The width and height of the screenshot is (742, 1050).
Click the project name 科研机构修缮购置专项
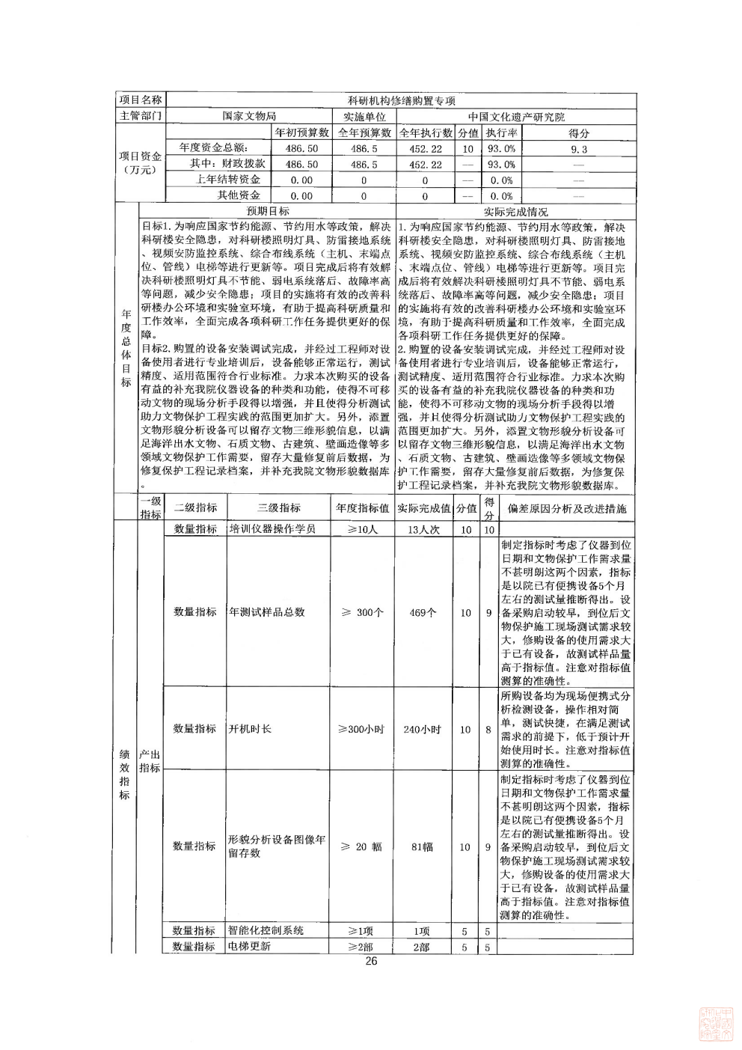[x=402, y=101]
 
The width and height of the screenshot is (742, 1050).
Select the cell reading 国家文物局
[x=249, y=117]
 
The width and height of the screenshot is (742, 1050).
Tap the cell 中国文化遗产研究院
[x=516, y=117]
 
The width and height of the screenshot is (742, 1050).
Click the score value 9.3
[x=579, y=149]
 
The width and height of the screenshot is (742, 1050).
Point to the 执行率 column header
[x=500, y=132]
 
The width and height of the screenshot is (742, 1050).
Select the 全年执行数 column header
[x=426, y=132]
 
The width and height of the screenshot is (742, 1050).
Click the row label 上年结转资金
[x=228, y=180]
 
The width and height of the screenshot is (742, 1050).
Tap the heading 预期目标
[x=267, y=212]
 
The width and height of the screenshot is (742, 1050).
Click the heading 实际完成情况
[x=515, y=212]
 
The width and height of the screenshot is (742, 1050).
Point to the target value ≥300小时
[x=361, y=730]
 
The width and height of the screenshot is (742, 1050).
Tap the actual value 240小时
[x=423, y=730]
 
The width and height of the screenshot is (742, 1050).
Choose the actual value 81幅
[x=423, y=847]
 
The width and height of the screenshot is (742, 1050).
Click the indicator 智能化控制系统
[x=266, y=931]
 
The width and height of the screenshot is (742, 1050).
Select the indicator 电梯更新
[x=250, y=947]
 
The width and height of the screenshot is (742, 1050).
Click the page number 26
[x=371, y=962]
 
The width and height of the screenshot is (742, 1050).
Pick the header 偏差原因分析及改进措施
[x=567, y=508]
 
